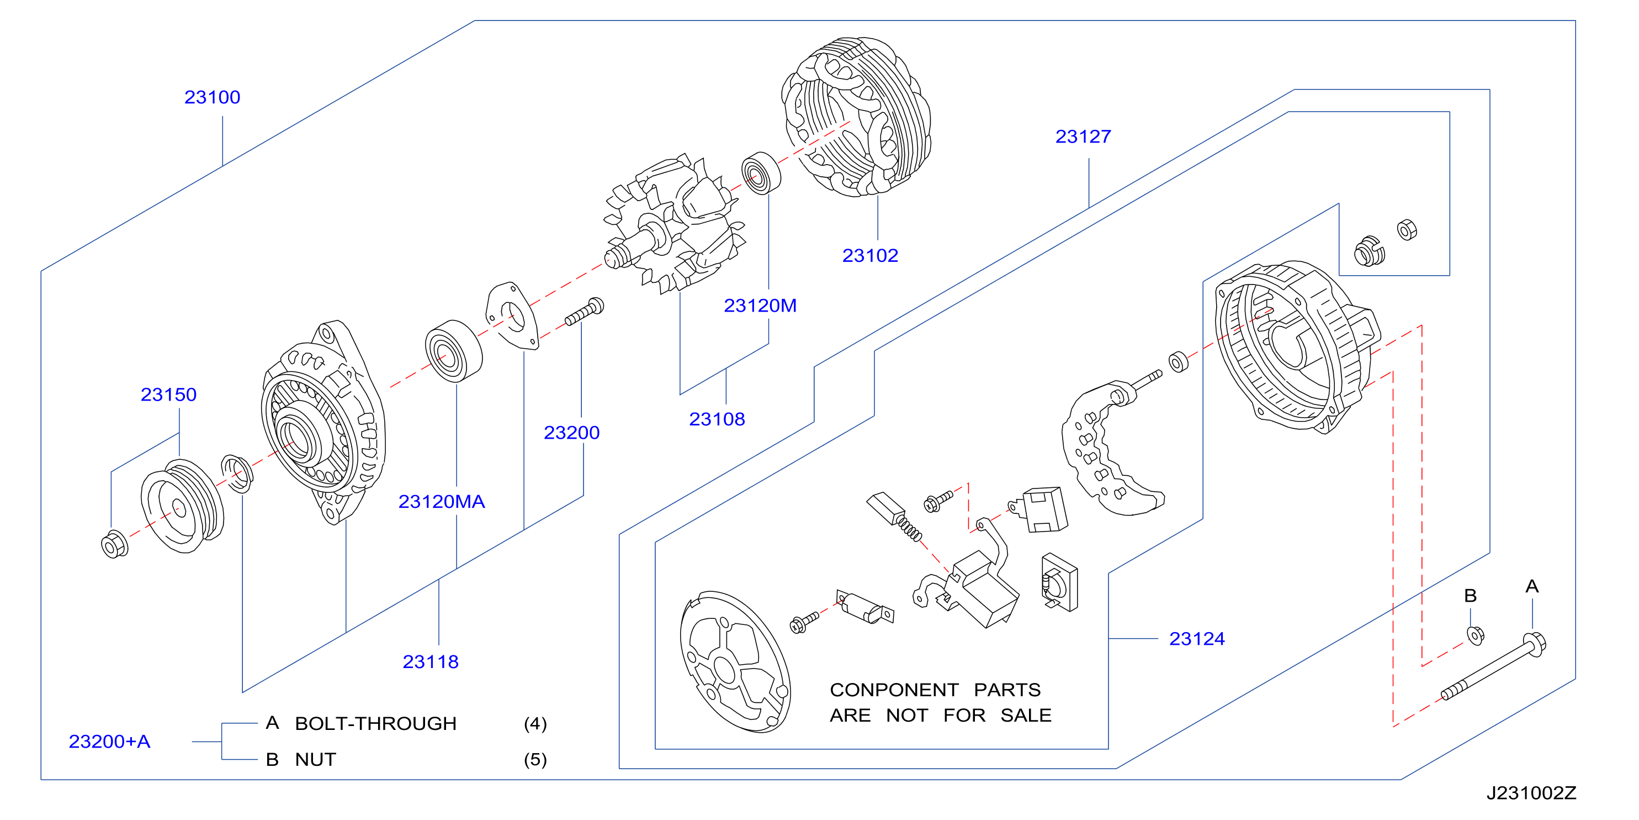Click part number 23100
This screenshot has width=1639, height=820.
(x=212, y=97)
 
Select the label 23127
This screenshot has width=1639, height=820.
(x=1083, y=137)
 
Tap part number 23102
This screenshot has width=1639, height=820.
(x=870, y=256)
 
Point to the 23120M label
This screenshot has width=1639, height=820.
(x=760, y=306)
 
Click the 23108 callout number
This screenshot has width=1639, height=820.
(x=717, y=419)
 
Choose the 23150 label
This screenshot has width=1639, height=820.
(x=168, y=395)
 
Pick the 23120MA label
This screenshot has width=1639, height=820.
(x=442, y=502)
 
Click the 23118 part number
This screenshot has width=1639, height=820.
(x=430, y=662)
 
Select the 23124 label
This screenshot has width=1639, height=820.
(x=1197, y=639)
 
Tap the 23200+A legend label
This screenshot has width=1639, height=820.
(x=109, y=742)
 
